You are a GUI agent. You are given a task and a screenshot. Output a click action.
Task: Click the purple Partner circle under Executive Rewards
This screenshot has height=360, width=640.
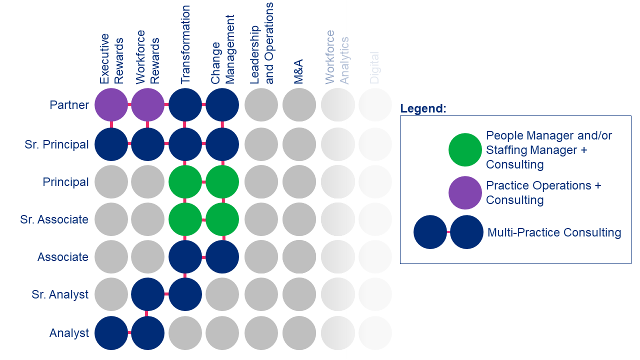coord(111,105)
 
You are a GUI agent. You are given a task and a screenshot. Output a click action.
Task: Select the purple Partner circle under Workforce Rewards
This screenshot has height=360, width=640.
coord(147,105)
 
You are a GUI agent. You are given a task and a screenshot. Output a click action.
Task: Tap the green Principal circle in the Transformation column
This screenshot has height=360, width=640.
coord(185,182)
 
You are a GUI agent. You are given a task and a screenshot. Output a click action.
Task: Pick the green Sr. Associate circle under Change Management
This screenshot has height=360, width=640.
coord(222,219)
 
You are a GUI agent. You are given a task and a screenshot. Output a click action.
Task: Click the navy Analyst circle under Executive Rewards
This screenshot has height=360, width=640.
coord(111,333)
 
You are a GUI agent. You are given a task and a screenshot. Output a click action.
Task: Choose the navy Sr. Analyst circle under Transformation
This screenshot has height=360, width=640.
coord(185,294)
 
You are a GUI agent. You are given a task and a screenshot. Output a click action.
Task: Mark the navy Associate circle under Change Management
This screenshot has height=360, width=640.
coord(222,257)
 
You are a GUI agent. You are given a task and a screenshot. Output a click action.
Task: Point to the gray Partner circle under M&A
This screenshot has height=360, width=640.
coord(299,105)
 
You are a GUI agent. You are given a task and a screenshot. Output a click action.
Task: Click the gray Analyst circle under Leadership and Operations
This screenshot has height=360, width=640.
coord(261,333)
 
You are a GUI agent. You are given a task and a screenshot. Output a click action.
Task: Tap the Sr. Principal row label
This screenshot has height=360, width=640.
coord(56,144)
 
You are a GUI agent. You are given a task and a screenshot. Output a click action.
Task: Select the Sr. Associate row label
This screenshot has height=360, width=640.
coord(54,219)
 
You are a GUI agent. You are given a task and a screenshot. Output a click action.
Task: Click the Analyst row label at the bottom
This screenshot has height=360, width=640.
coord(69,333)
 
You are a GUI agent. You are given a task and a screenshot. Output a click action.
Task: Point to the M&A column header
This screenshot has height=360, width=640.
coord(299,71)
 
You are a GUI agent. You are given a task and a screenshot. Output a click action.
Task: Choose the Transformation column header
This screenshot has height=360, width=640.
coord(185,45)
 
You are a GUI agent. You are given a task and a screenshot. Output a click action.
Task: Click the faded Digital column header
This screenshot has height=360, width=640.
coord(374,67)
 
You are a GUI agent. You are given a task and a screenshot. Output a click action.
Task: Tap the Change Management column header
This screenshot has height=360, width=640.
coord(222,49)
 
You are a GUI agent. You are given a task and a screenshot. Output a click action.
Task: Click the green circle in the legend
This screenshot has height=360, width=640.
coord(465,149)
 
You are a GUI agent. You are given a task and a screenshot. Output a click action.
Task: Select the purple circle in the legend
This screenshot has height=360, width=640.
coord(465,192)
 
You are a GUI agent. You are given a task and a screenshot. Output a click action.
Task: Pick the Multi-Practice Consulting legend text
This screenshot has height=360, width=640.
coord(554,232)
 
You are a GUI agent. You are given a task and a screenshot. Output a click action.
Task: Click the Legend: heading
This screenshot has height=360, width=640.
coord(423,108)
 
